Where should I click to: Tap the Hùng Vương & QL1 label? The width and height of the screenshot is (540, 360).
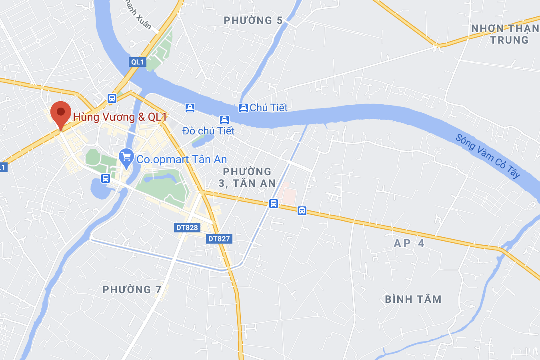point(120,117)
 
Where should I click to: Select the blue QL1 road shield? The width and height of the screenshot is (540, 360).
point(138,62)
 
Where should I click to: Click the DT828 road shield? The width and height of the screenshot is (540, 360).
point(187,228)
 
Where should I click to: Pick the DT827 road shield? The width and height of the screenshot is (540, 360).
point(219,239)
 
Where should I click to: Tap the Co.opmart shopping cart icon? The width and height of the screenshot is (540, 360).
point(126,158)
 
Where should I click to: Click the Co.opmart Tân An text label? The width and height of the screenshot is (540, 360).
point(182,159)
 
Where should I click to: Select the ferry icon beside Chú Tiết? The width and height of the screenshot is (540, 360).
point(243,108)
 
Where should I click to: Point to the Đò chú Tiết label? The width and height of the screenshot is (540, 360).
point(208,131)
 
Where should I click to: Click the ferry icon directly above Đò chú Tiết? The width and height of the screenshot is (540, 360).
point(224,119)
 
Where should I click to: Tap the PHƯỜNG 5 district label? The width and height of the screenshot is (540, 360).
point(253,20)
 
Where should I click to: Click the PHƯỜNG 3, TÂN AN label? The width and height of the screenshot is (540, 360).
point(247,177)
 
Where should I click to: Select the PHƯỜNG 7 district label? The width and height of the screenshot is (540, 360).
point(132,290)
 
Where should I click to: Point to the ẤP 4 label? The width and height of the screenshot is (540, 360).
point(409,243)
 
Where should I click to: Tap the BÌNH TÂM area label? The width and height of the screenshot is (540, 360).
point(413,299)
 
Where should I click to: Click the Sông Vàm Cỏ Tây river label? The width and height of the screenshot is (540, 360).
point(488,156)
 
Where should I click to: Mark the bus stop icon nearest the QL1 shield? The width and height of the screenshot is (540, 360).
point(112,98)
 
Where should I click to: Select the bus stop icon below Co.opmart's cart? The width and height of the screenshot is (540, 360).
point(106,178)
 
